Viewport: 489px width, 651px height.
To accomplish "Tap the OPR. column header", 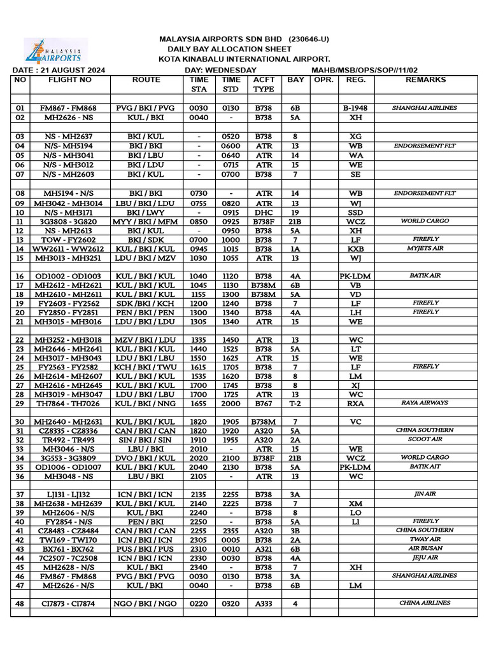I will [324, 80].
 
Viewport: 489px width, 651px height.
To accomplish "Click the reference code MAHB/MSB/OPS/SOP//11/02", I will [364, 70].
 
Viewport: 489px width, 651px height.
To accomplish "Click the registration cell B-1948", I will [355, 108].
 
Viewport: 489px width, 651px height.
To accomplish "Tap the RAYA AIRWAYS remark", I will [425, 402].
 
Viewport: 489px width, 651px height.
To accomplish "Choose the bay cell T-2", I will [295, 403].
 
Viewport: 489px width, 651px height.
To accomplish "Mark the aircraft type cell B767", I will [263, 403].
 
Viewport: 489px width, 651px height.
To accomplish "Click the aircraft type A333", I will [263, 603].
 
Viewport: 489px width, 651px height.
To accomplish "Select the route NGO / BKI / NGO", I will [146, 603].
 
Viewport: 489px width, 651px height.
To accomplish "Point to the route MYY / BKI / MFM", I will [146, 221].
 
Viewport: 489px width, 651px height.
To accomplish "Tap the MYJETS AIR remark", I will [425, 249].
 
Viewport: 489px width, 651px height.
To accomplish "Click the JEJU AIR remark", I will [425, 558].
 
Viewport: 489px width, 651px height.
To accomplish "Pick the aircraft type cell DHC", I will [263, 212].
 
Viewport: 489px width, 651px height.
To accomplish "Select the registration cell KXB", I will [355, 249].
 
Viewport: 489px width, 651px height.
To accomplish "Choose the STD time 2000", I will [231, 403].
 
